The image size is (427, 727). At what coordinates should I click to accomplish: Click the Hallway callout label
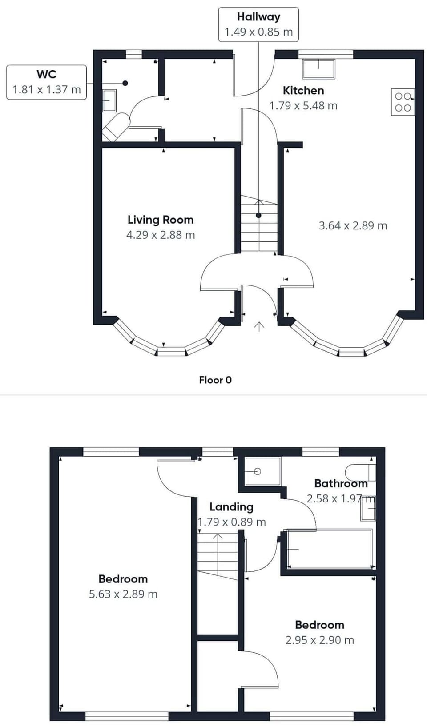pyautogui.click(x=258, y=17)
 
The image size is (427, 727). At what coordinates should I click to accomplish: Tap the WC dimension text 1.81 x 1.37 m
pyautogui.click(x=46, y=89)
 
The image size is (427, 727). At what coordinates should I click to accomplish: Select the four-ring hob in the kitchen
pyautogui.click(x=403, y=102)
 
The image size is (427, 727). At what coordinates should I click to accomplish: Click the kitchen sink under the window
pyautogui.click(x=318, y=68)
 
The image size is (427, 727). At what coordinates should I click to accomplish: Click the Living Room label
pyautogui.click(x=160, y=220)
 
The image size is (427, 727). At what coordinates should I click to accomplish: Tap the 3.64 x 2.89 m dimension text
pyautogui.click(x=353, y=225)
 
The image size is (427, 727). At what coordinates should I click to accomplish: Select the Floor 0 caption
pyautogui.click(x=215, y=380)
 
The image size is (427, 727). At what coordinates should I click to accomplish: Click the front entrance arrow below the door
pyautogui.click(x=259, y=327)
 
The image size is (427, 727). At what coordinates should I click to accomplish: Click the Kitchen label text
pyautogui.click(x=303, y=90)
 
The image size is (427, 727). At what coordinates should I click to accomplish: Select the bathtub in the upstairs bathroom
pyautogui.click(x=330, y=549)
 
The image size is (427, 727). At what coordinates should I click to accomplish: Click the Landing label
pyautogui.click(x=231, y=507)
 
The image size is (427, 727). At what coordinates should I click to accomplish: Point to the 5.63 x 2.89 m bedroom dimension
pyautogui.click(x=123, y=594)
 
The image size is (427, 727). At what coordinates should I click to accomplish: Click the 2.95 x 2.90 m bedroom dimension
pyautogui.click(x=319, y=640)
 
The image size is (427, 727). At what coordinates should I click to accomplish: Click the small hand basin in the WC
pyautogui.click(x=109, y=101)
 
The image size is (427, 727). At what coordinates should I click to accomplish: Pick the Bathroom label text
pyautogui.click(x=341, y=483)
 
